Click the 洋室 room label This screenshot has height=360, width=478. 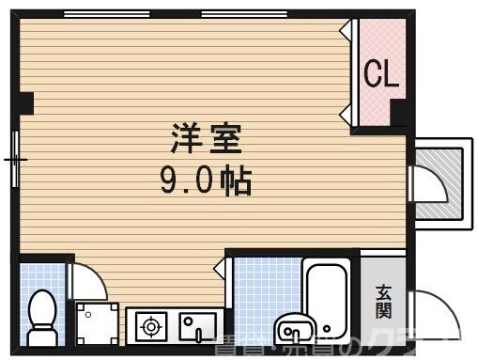[208, 139]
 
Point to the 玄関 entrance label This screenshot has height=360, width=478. [385, 300]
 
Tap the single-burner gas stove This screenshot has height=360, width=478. [150, 328]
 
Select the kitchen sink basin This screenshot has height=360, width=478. [198, 328]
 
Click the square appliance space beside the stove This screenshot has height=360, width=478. [99, 322]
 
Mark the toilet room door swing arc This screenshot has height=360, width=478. [87, 278]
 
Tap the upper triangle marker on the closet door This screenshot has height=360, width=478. [347, 28]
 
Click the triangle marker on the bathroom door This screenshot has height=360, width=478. [219, 270]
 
